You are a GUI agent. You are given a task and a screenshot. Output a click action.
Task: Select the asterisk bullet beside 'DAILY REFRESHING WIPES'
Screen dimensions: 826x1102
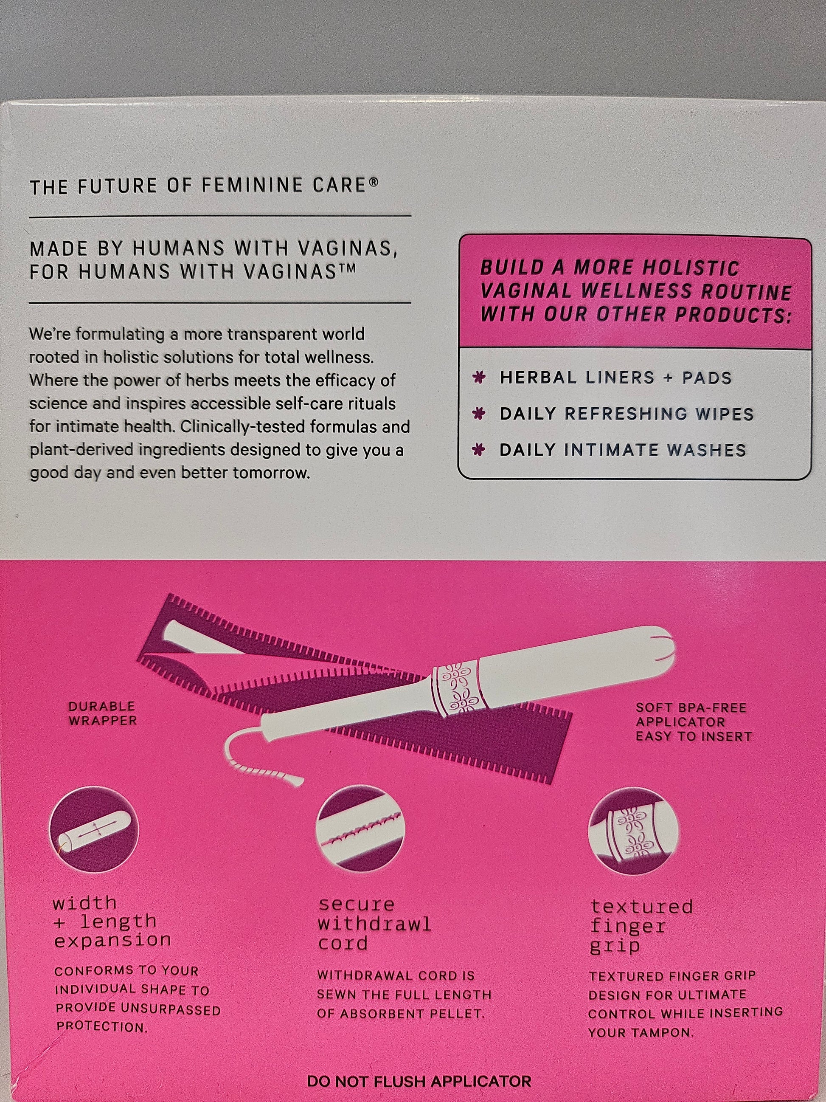479,414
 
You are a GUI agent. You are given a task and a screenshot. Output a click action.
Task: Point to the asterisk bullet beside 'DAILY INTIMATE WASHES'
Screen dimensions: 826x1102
479,450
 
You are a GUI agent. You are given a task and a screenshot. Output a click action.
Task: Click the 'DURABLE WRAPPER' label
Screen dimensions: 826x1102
102,713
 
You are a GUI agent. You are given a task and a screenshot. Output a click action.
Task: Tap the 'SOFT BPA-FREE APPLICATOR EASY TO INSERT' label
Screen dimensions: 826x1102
694,722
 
